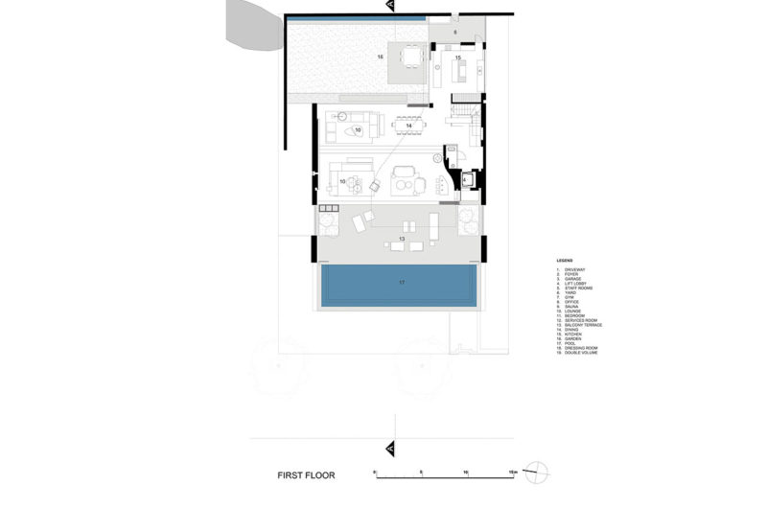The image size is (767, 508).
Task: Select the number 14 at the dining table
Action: pos(408,126)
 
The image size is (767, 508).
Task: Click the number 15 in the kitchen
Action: pos(458,58)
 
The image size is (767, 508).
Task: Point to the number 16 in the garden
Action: pos(380,58)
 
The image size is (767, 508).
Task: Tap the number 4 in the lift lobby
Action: pos(464,179)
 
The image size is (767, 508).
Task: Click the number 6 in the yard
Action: pos(456,32)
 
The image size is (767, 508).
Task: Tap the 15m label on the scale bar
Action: pos(513,473)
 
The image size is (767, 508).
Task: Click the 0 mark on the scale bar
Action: pos(375,473)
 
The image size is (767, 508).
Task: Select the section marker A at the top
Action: pos(390,7)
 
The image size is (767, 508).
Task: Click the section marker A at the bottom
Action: pos(390,447)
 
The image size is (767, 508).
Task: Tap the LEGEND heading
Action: pos(565,260)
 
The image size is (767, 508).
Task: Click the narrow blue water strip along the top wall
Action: pos(355,19)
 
